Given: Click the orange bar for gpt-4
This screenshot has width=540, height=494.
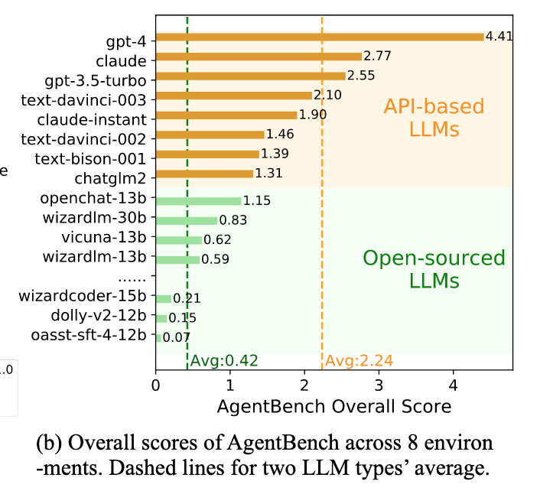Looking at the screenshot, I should [320, 37].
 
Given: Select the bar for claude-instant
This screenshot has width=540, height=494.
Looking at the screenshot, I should [226, 115].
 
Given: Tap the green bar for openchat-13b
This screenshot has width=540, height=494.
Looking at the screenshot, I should [199, 200].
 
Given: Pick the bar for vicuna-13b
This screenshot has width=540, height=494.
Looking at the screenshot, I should [179, 240].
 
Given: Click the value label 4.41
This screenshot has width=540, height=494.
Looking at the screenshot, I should [499, 35].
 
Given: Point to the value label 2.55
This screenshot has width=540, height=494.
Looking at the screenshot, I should [361, 76].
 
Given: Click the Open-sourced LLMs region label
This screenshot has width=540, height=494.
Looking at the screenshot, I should [433, 268].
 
